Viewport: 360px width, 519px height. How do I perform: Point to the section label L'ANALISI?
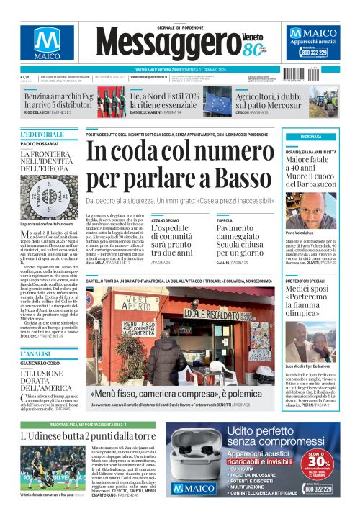[36, 354]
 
